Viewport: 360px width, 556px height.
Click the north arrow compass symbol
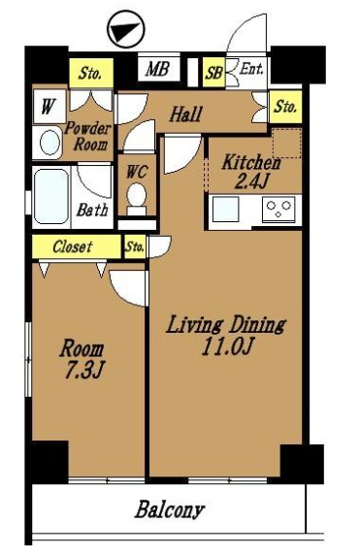coord(126,29)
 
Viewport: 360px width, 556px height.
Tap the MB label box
coord(159,69)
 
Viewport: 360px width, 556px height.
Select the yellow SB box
coord(213,73)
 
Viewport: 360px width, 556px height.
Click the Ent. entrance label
coord(251,68)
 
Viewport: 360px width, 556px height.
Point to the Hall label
coord(185,114)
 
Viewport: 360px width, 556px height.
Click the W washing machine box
coord(49,107)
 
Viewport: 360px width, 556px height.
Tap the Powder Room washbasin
coord(49,143)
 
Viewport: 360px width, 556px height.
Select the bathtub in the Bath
coord(51,196)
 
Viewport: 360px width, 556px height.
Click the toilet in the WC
coord(137,199)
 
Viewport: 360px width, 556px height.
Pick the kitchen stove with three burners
coord(278,210)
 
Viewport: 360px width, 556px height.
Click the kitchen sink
coord(225,210)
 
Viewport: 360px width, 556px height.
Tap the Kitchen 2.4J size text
coord(250,181)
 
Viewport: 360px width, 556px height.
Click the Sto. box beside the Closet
coord(135,246)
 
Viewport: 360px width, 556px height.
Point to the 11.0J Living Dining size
coord(227,345)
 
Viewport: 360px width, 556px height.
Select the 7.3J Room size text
coord(83,370)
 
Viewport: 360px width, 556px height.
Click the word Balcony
coord(170,509)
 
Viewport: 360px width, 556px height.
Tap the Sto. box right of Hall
coord(285,107)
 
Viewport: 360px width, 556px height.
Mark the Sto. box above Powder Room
coord(91,73)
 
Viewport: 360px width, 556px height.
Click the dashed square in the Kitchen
coord(286,144)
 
